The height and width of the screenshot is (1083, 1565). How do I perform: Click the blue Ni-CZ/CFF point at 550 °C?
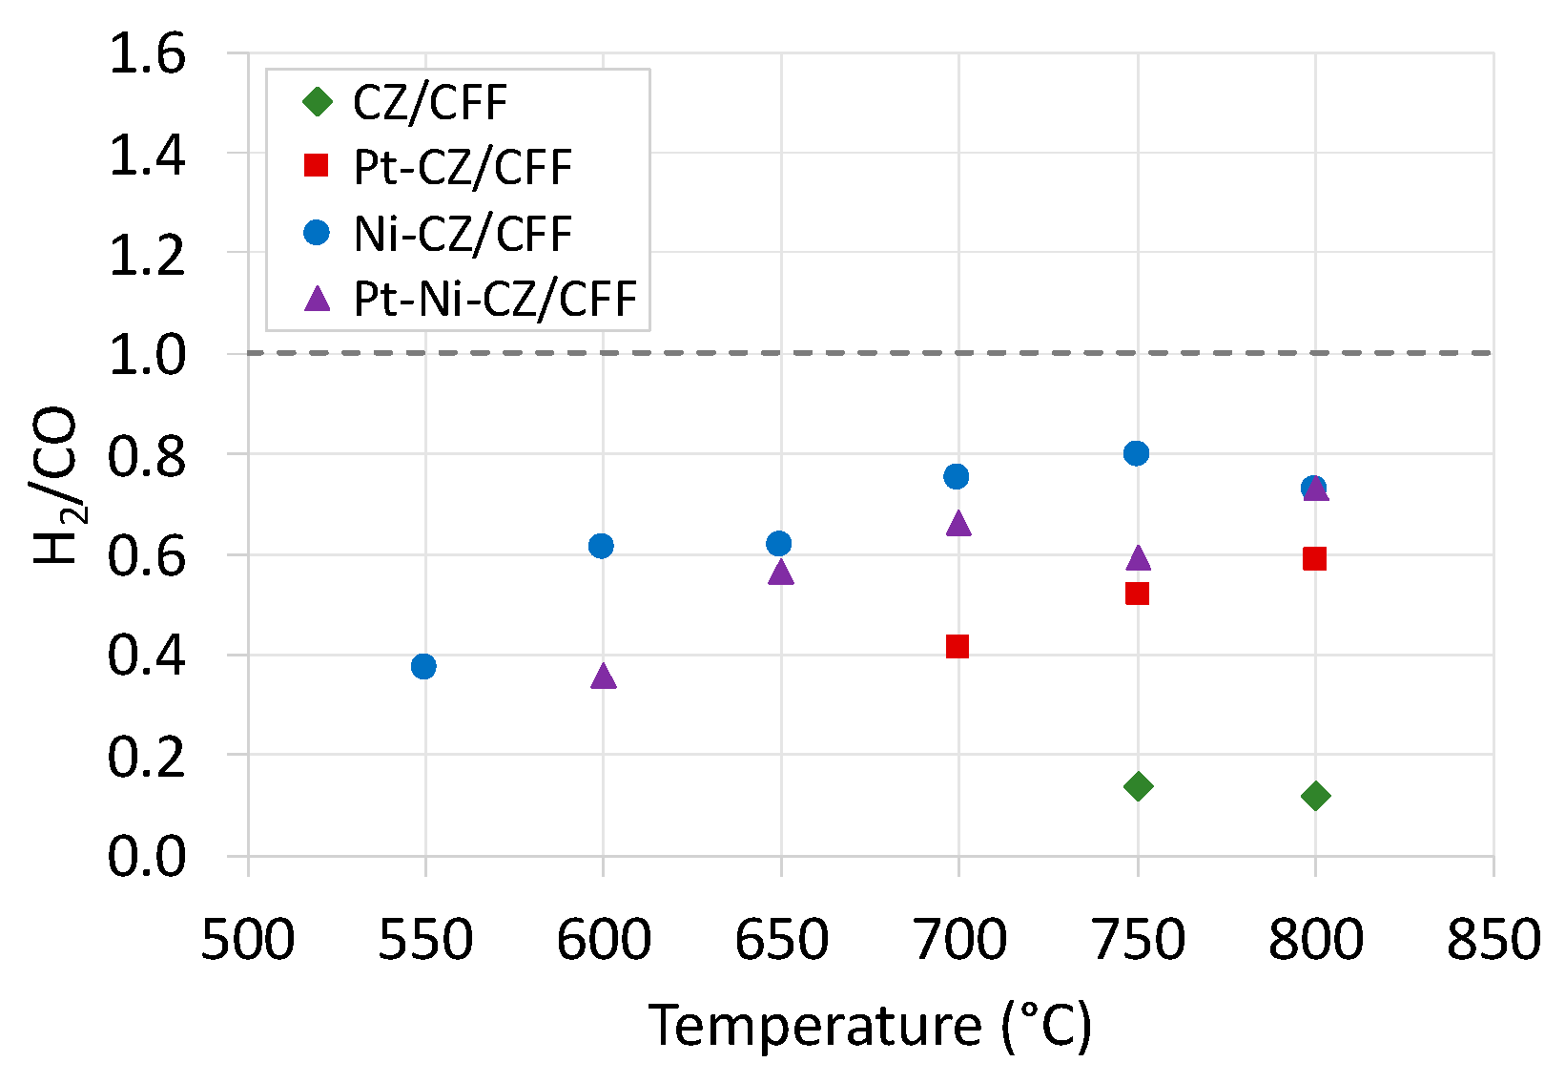tap(423, 666)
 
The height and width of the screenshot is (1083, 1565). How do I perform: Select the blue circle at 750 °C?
tap(1136, 453)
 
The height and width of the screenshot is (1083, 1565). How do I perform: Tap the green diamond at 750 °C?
tap(1137, 786)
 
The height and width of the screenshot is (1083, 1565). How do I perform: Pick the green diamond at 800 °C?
tap(1315, 796)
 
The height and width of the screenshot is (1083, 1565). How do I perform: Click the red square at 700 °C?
tap(958, 647)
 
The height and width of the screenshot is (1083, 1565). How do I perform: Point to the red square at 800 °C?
tap(1314, 558)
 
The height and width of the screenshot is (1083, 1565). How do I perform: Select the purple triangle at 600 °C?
tap(603, 677)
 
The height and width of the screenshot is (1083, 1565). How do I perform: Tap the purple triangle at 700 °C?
tap(958, 524)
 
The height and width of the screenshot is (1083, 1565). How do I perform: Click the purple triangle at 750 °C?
tap(1138, 558)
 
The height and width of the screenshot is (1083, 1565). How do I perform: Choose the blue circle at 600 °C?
tap(601, 546)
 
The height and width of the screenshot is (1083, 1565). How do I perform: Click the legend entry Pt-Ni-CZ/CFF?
tap(494, 300)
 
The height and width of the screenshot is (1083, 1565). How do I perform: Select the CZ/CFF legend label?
tap(430, 103)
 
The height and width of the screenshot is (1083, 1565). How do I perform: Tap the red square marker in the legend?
tap(316, 167)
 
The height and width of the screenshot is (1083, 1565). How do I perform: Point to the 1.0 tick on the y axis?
tap(147, 354)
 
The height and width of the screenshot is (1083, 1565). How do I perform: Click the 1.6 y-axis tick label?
tap(147, 54)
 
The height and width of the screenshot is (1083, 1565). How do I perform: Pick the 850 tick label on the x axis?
tap(1493, 940)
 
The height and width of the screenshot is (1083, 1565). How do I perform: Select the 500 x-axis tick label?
tap(248, 940)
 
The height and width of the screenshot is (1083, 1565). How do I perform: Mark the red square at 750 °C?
tap(1137, 594)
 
